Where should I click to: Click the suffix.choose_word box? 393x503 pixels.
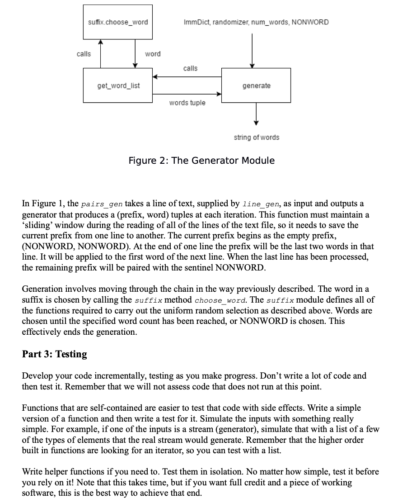[117, 22]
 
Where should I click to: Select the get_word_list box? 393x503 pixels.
[118, 85]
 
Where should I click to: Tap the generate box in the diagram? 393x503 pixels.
[256, 85]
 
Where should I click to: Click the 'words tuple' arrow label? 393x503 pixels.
[187, 103]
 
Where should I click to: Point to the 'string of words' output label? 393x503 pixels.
[256, 137]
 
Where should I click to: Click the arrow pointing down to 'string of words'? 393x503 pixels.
[256, 113]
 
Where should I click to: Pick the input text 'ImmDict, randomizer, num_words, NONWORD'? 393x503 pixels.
[256, 22]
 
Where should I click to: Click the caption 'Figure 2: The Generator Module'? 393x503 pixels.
[201, 161]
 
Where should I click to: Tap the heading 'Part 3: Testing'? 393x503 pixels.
[55, 354]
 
